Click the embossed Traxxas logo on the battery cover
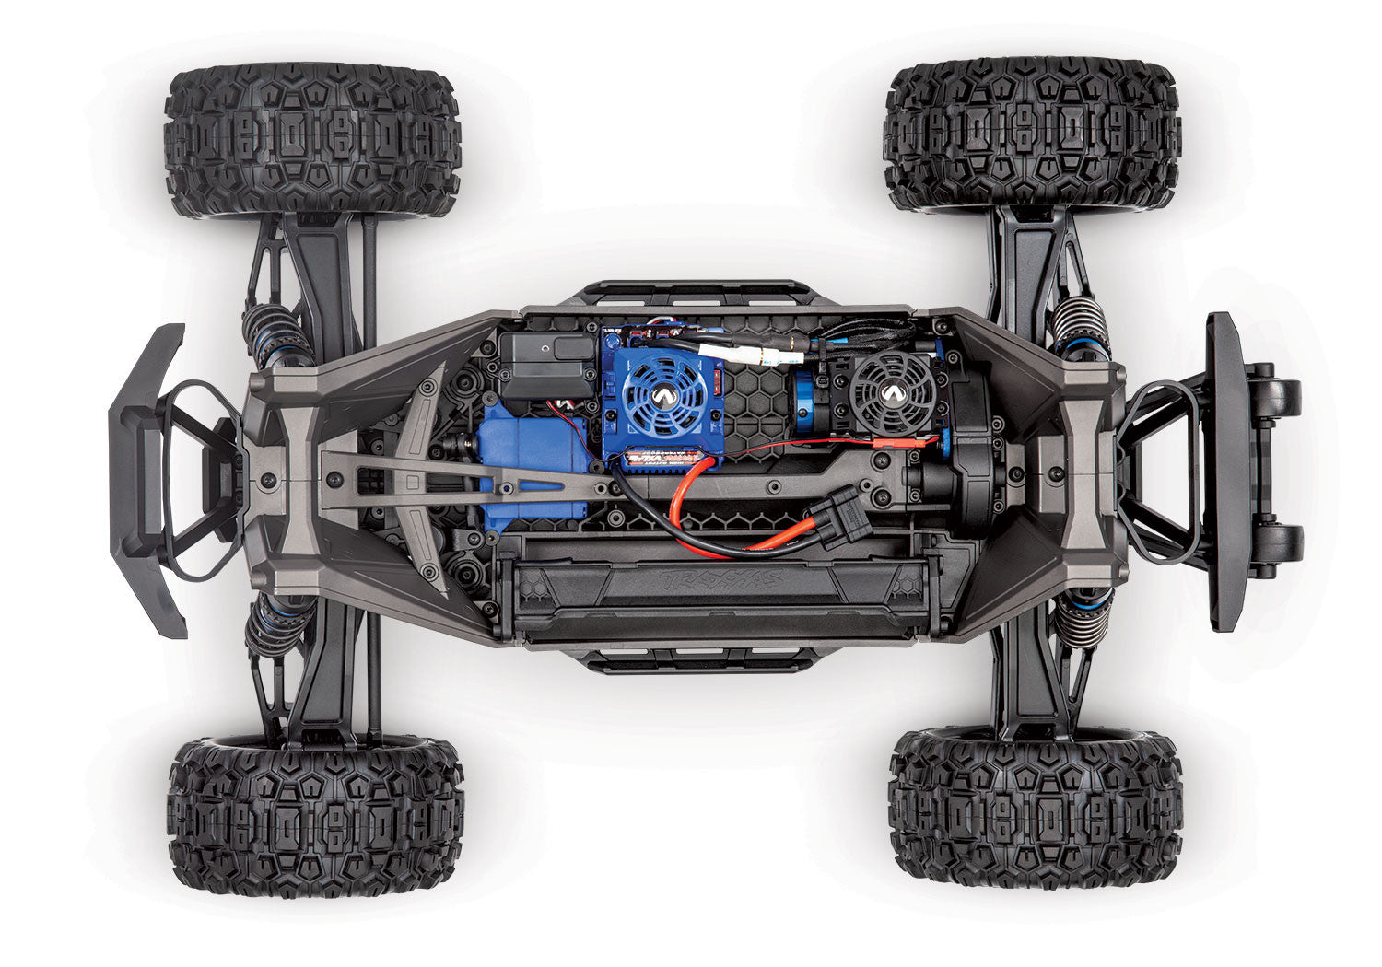[719, 579]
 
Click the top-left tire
[312, 139]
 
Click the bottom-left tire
[315, 815]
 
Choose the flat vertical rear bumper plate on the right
[1224, 471]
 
